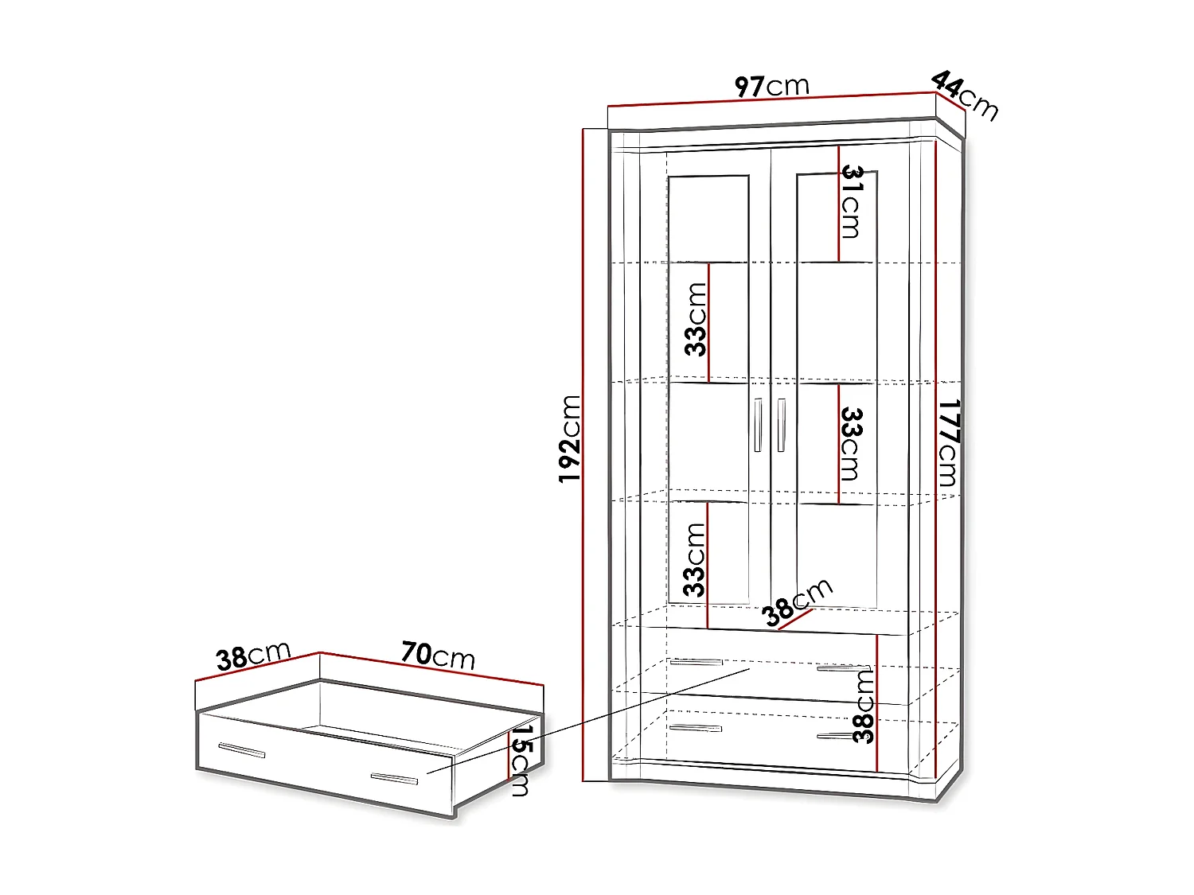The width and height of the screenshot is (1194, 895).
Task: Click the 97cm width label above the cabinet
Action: point(771,86)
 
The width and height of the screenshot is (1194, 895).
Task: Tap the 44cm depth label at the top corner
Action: point(964,95)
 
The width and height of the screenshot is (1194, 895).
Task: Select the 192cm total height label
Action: point(570,438)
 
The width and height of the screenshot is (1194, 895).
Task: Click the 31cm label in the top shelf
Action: point(852,202)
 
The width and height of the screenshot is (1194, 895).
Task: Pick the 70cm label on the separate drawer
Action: point(438,656)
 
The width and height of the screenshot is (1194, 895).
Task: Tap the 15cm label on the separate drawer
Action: point(521,760)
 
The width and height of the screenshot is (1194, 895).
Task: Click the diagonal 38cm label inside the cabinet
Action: point(796,602)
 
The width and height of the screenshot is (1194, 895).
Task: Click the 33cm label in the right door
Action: point(851,444)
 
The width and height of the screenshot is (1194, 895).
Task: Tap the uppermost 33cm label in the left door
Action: point(696,320)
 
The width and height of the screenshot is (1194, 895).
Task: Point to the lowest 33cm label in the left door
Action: point(695,560)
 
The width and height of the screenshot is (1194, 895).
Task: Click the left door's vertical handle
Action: point(758,426)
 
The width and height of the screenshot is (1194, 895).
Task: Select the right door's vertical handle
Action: point(782,426)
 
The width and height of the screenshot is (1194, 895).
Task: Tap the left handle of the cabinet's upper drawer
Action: point(696,662)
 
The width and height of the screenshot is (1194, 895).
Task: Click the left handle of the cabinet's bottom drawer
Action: point(696,728)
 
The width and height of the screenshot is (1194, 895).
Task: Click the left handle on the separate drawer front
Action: point(242,750)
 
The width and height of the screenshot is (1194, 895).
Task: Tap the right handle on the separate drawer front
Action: point(394,779)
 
